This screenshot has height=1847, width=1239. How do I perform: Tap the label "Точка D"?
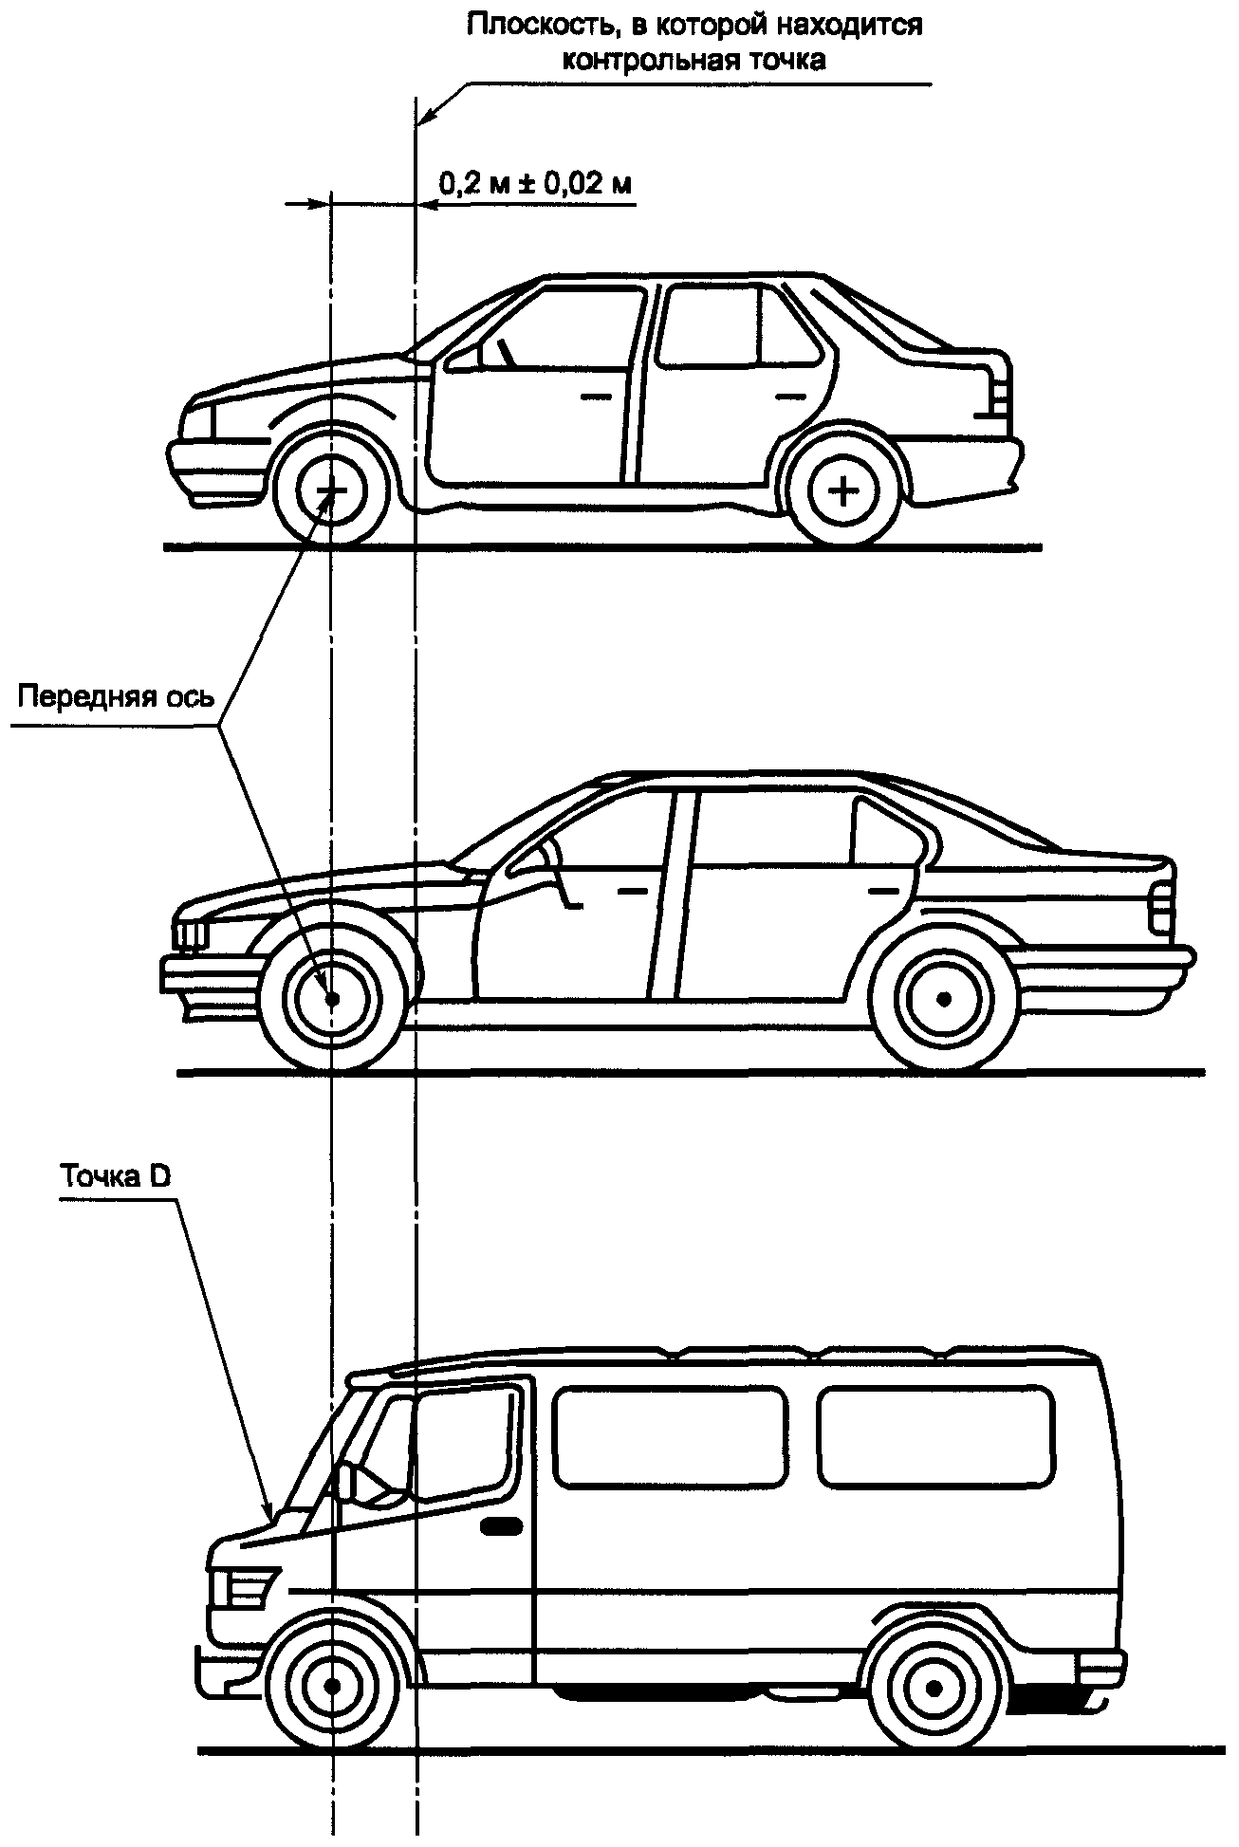tap(115, 1177)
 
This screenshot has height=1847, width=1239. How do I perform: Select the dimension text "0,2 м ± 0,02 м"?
tap(535, 183)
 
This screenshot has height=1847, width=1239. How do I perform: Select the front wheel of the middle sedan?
tap(331, 998)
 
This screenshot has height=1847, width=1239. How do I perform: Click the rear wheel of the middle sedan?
tap(942, 998)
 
